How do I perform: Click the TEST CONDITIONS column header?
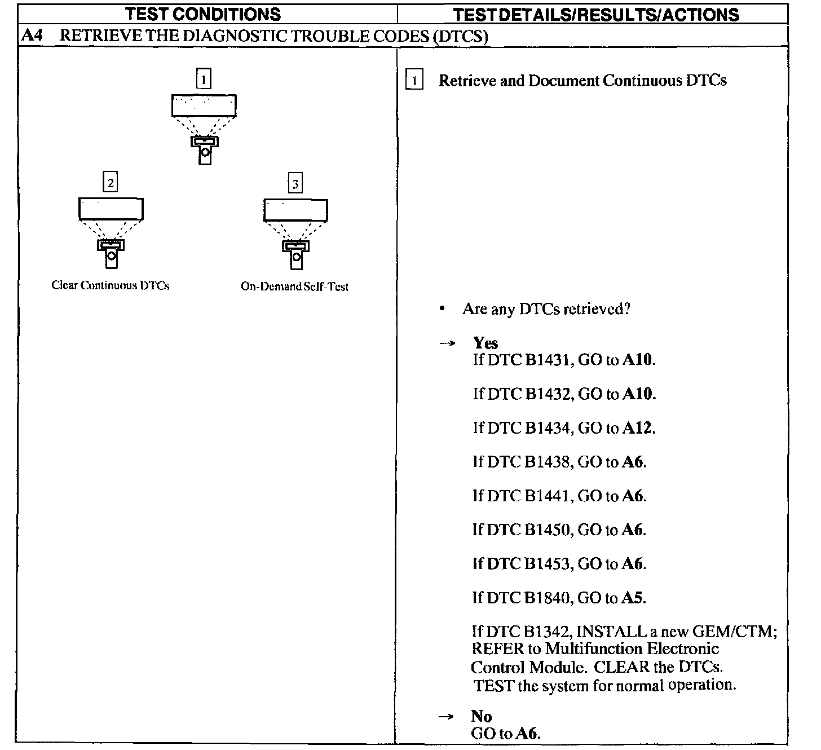click(x=203, y=14)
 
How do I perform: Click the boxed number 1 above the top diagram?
click(x=204, y=78)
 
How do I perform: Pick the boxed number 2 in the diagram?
click(x=111, y=183)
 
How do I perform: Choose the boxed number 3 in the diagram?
click(x=295, y=183)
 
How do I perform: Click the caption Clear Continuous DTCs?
click(x=111, y=285)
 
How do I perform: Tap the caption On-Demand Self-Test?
click(x=294, y=286)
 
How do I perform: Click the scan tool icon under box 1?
click(x=205, y=149)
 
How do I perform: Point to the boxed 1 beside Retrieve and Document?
click(x=414, y=81)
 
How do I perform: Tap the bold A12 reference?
click(x=638, y=428)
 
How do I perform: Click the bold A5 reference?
click(x=633, y=597)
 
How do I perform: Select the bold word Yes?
click(x=485, y=343)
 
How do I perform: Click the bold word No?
click(x=482, y=716)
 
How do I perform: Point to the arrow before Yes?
click(x=447, y=343)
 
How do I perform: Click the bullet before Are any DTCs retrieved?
click(x=443, y=309)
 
